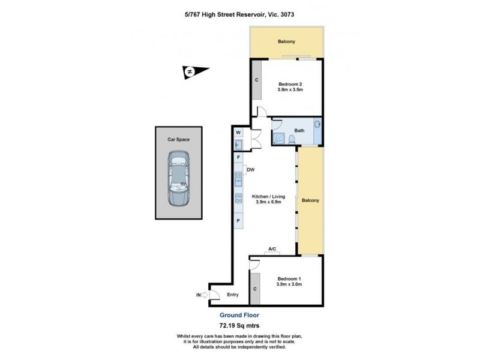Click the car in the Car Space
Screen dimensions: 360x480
(x=178, y=179)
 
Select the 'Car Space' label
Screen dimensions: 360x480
(x=178, y=139)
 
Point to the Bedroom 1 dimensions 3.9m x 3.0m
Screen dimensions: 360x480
(x=289, y=284)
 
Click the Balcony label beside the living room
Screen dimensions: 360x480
(x=310, y=200)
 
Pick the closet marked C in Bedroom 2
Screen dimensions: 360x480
(x=256, y=80)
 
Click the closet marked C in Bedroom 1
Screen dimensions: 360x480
(x=256, y=289)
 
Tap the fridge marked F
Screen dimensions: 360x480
(x=238, y=157)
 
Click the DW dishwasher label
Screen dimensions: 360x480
(x=251, y=170)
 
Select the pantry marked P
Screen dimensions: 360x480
(x=238, y=221)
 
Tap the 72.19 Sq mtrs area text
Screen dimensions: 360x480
(x=239, y=325)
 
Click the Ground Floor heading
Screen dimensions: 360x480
(x=239, y=314)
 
